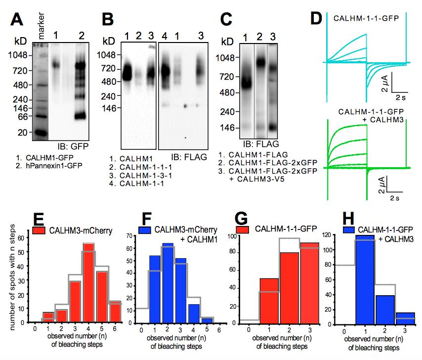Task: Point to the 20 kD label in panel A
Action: click(23, 132)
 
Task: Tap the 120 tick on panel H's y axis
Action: click(328, 235)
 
